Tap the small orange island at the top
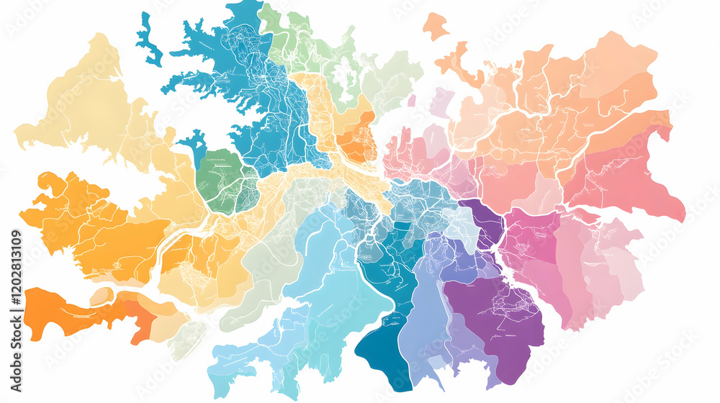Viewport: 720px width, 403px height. pyautogui.click(x=435, y=27)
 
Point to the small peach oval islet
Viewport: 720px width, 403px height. pyautogui.click(x=102, y=296)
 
